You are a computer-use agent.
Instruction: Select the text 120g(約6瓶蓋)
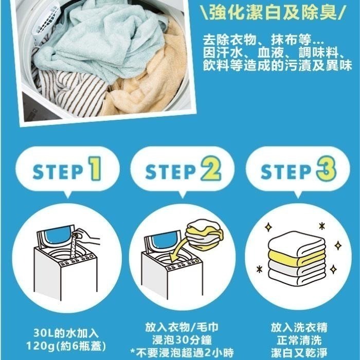point(65,343)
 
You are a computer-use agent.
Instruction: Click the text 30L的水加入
point(65,331)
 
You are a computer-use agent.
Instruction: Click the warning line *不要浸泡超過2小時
point(181,353)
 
